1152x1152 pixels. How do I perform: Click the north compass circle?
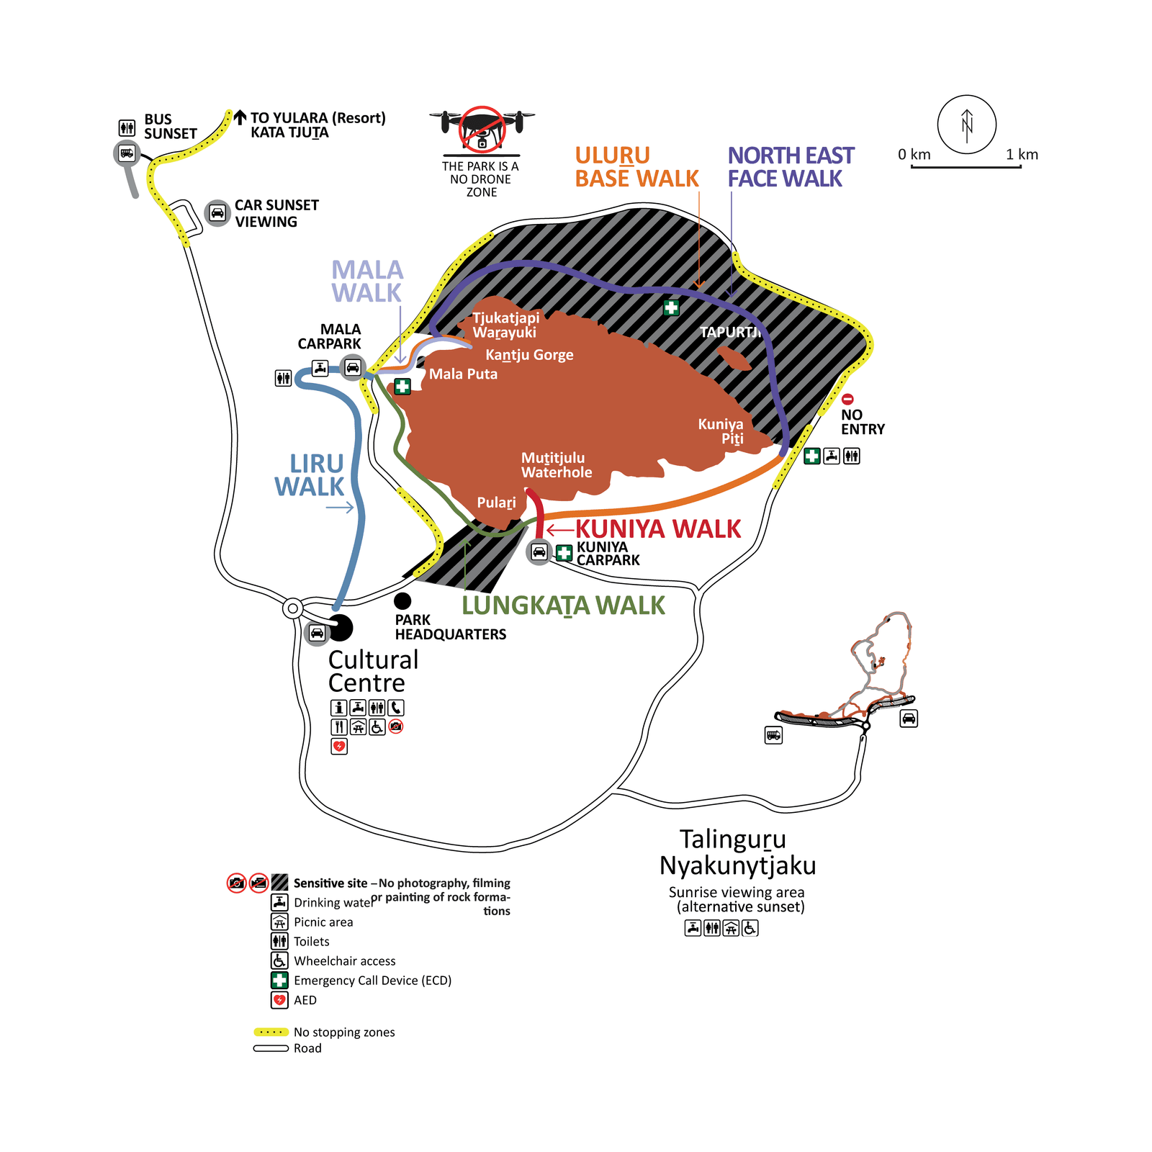966,125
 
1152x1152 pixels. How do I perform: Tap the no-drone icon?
482,128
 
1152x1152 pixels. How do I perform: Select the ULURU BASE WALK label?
636,167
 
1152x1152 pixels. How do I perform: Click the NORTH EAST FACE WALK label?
790,167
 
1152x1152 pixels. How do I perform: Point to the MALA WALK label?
366,282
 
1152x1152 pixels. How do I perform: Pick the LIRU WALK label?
310,475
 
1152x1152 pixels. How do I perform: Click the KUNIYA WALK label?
657,529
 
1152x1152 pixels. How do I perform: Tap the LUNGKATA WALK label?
563,606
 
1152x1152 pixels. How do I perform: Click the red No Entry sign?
847,399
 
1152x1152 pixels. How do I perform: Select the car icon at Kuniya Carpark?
539,552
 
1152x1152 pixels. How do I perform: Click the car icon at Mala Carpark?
352,368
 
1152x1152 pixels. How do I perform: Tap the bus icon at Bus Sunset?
127,153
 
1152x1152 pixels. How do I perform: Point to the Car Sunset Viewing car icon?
217,213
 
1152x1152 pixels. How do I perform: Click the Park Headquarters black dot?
402,600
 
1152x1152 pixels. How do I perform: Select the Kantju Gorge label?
529,355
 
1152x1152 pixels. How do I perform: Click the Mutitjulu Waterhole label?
556,465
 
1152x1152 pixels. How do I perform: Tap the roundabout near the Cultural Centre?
292,608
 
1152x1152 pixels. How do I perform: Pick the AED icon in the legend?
279,1000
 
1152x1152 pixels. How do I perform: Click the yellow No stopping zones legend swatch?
271,1032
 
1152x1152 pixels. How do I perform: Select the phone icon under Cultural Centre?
396,708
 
